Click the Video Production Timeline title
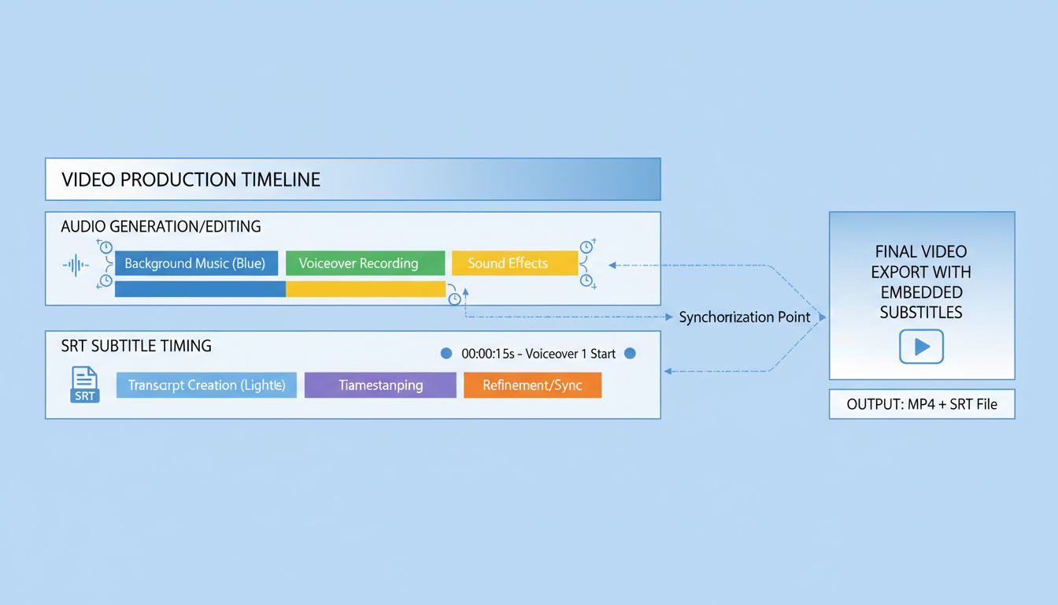191,180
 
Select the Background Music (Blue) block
196,263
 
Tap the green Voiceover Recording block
364,263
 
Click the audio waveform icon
76,265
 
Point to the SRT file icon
84,384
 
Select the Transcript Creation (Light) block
206,385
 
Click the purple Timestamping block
380,385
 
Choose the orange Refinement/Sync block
532,385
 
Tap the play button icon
921,347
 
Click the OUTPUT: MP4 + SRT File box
922,404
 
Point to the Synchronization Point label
744,317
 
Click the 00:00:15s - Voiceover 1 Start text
538,354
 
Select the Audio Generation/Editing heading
161,227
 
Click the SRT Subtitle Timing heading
136,346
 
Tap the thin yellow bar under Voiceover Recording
365,289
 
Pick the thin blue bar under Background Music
200,289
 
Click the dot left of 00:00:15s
446,354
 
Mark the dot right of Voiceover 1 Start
630,354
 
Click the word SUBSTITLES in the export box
921,313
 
